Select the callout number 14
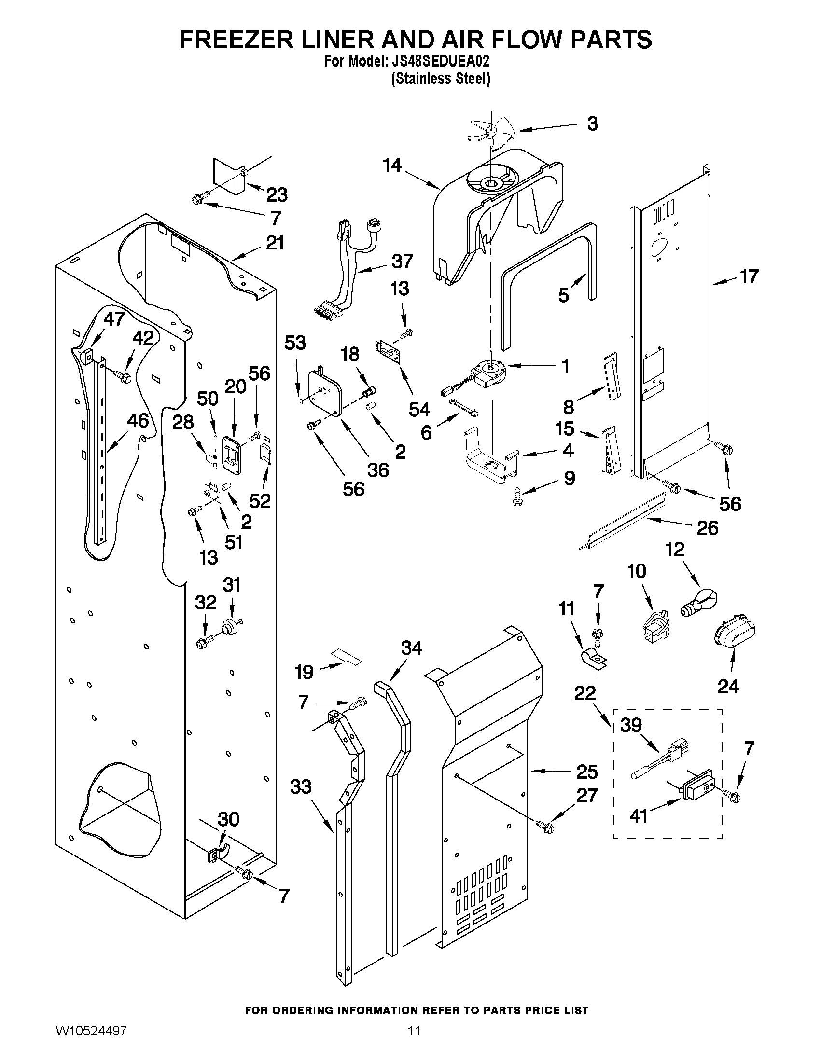391,166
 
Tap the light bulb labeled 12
698,603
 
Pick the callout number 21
275,243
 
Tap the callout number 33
300,786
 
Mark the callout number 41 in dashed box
639,815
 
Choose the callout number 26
707,527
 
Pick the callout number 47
115,319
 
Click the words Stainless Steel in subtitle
440,79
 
